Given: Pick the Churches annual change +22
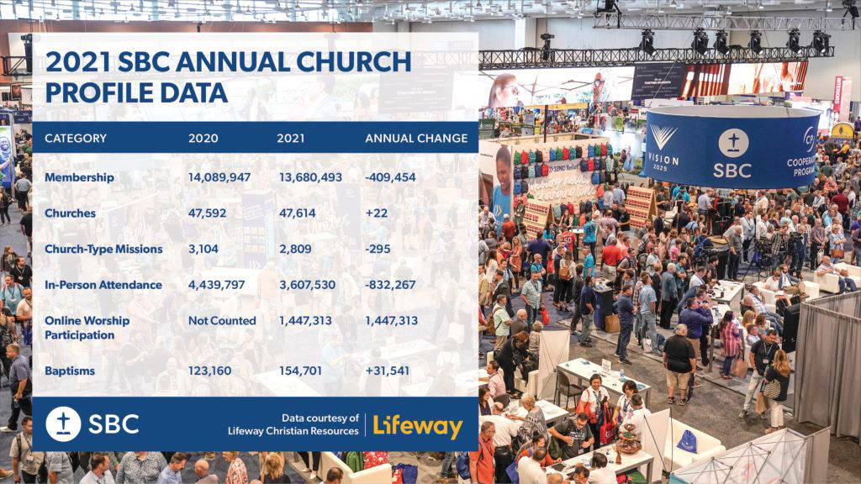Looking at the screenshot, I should [x=376, y=213].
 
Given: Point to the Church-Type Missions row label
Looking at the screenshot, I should [x=103, y=249].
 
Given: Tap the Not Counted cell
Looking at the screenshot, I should [x=222, y=321].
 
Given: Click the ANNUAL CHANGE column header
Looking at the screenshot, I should [x=416, y=138].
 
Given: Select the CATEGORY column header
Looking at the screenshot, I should [x=76, y=138].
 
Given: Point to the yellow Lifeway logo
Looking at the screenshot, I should [x=418, y=424].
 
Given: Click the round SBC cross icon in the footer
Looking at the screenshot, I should [x=62, y=424].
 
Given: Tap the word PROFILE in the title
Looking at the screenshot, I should [x=90, y=92].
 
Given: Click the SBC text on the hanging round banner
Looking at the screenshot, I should [x=732, y=170].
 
